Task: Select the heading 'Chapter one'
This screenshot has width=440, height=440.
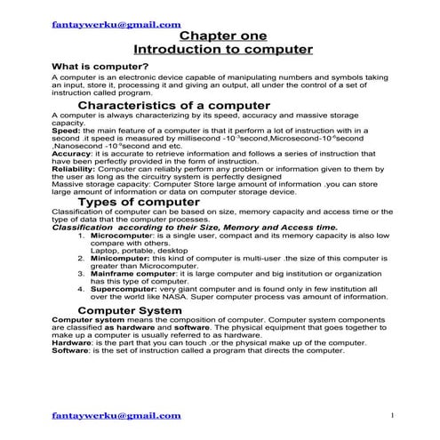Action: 219,36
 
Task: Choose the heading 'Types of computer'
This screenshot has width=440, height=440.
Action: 134,201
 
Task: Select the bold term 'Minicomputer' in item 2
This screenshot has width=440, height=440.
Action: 122,257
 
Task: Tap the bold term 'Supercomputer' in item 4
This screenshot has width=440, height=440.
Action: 124,289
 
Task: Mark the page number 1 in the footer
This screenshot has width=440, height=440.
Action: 392,415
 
